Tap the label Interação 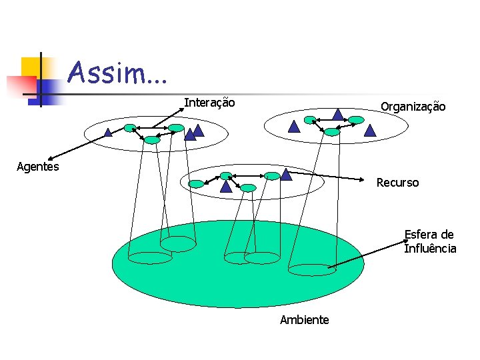coord(209,103)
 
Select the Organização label coord(413,107)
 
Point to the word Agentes coord(37,166)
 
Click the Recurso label coord(397,183)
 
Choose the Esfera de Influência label coord(430,241)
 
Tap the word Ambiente coord(304,320)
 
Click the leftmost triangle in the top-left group coord(108,133)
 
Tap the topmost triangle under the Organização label coord(338,115)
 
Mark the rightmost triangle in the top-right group coord(370,131)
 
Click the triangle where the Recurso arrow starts coord(286,175)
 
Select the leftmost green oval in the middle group coord(196,184)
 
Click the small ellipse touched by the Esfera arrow coord(311,269)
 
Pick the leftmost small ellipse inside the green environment coord(150,258)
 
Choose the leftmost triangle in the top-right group coord(294,127)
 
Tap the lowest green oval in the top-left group coord(153,140)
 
